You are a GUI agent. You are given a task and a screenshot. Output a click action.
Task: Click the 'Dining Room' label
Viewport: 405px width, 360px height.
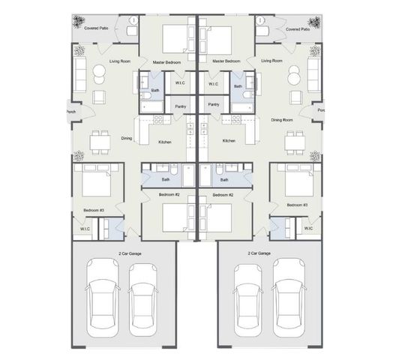pos(281,120)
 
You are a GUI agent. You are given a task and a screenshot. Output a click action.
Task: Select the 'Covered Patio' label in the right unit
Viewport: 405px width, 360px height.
pos(298,28)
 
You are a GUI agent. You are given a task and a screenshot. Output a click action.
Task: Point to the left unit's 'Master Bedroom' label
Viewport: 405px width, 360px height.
pos(168,61)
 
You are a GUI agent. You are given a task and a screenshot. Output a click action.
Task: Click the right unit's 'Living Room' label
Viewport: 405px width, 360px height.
pos(271,61)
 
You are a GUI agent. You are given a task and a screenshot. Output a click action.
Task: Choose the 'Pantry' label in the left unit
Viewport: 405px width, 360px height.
pos(180,106)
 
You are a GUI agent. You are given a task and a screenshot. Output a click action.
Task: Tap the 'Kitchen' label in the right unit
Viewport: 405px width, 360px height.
pos(229,140)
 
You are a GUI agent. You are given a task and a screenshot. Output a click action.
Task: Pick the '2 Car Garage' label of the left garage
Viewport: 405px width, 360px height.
pos(129,253)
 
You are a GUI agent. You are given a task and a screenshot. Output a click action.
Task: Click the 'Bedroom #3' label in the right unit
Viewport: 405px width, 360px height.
pos(297,205)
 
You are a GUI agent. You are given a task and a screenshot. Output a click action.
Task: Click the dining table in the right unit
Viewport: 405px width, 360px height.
pos(295,140)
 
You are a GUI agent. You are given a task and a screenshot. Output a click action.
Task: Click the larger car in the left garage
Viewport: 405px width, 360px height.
pos(103,296)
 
